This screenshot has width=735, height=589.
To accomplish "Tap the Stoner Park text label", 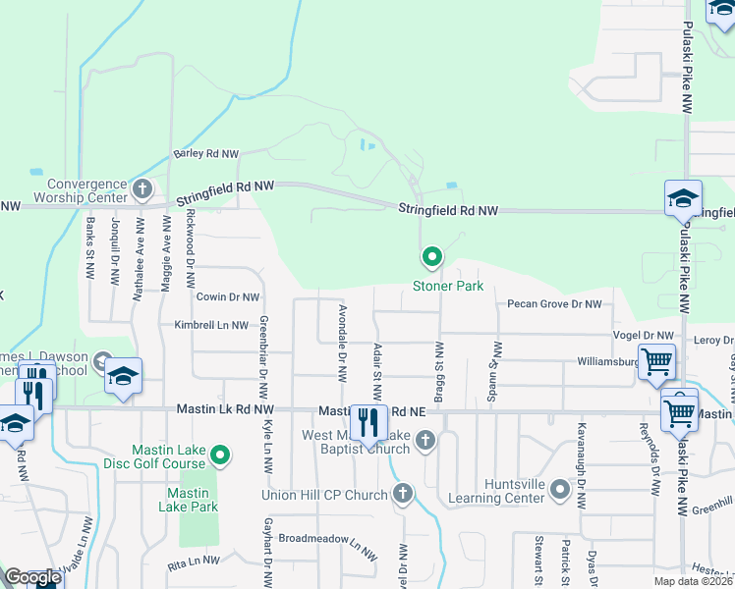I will tap(448, 286).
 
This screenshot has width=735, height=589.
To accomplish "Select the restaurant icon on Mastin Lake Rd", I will tap(367, 423).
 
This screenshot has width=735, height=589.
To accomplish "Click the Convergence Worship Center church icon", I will tap(142, 187).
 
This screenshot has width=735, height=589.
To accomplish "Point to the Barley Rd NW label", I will tap(206, 154).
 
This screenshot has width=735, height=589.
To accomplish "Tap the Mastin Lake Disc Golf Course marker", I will tap(221, 455).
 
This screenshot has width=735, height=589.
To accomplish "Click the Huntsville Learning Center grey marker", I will tap(560, 489).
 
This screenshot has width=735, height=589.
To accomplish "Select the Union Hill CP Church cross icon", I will tap(403, 495).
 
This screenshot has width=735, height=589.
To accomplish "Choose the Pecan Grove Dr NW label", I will tap(554, 304).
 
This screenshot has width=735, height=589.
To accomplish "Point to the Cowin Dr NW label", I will tap(227, 296).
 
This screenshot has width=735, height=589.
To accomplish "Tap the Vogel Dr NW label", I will tap(644, 336).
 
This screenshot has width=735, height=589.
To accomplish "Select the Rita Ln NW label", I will tap(194, 562).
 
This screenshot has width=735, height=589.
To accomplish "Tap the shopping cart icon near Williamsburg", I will tap(656, 360).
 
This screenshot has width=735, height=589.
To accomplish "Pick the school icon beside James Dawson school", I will tap(124, 375).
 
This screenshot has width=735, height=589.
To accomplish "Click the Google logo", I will tap(32, 577).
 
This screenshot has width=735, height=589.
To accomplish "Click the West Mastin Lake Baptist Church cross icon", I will tap(425, 439).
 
